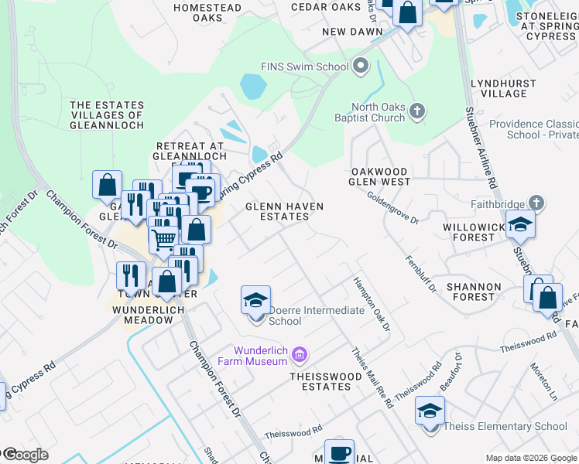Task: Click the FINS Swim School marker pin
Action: [360, 67]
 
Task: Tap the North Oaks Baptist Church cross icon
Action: [417, 111]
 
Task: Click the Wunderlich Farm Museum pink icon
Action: [300, 356]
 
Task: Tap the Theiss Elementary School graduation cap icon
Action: [430, 410]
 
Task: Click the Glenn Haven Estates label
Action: [284, 211]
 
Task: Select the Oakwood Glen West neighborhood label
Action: [380, 176]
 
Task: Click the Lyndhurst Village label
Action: [498, 87]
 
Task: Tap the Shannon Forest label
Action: [473, 292]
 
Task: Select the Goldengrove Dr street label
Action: [392, 209]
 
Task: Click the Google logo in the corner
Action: [26, 455]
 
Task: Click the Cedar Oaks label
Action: [326, 7]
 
